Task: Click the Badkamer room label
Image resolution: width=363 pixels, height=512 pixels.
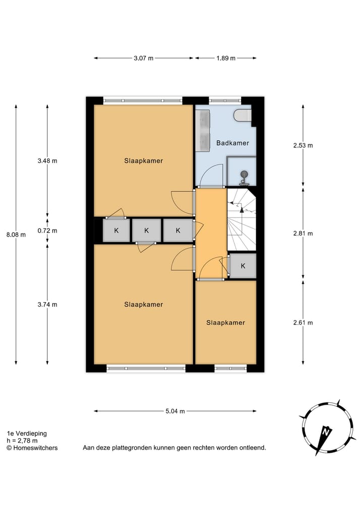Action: coord(232,143)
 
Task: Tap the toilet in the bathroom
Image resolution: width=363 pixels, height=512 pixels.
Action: coord(243,116)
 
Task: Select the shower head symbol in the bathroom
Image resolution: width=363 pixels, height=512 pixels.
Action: coord(244,176)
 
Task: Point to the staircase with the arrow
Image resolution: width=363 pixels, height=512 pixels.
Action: coord(241,219)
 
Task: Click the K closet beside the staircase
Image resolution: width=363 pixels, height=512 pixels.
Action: coord(243,266)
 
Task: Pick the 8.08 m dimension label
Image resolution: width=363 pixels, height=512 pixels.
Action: coord(16,234)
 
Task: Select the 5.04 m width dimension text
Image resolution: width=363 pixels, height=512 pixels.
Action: coord(175,411)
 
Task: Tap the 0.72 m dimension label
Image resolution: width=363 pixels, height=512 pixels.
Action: coord(47,231)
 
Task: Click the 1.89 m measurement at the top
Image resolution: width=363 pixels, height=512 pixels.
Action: coord(225,58)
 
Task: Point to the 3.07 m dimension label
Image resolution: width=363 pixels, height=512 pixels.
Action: coord(144,58)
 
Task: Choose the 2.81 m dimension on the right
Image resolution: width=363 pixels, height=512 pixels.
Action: coord(303,233)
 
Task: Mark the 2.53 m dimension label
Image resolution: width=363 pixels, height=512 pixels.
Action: coord(303,145)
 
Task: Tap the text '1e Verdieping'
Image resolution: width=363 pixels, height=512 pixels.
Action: coord(26,433)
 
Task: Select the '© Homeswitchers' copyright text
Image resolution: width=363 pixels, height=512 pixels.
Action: coord(32,448)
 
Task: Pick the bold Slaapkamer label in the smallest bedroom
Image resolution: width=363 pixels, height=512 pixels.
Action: coord(225,323)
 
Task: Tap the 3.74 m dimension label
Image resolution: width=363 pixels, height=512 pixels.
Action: coord(47,304)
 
